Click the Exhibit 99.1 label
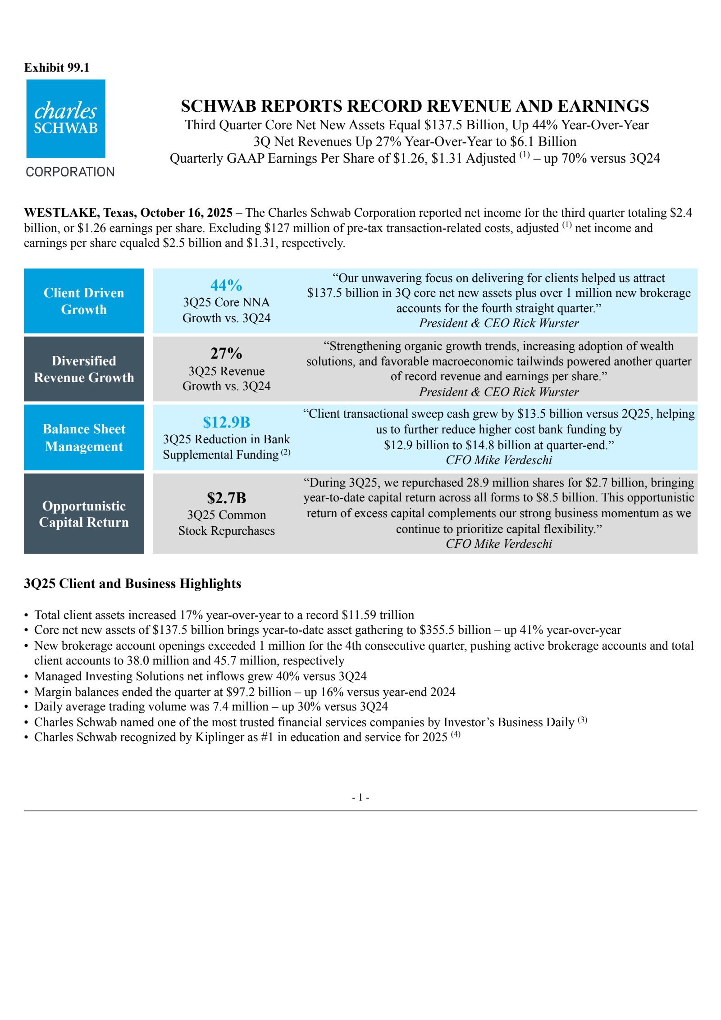pos(57,68)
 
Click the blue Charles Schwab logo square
pos(66,118)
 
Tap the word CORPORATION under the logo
pos(70,172)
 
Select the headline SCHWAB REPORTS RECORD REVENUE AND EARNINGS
pos(415,106)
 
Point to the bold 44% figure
pos(226,285)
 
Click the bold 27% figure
pos(226,353)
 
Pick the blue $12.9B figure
pos(226,422)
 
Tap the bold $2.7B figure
pos(226,498)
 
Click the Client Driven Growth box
pos(84,301)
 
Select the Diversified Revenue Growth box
pos(84,369)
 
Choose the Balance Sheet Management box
pos(84,437)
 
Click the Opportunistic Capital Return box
pos(84,514)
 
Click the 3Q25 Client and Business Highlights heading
pos(132,583)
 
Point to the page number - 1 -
pos(360,797)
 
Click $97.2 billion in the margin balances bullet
pos(259,692)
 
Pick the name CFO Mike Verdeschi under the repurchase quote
pos(499,544)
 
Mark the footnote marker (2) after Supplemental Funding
pos(286,452)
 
